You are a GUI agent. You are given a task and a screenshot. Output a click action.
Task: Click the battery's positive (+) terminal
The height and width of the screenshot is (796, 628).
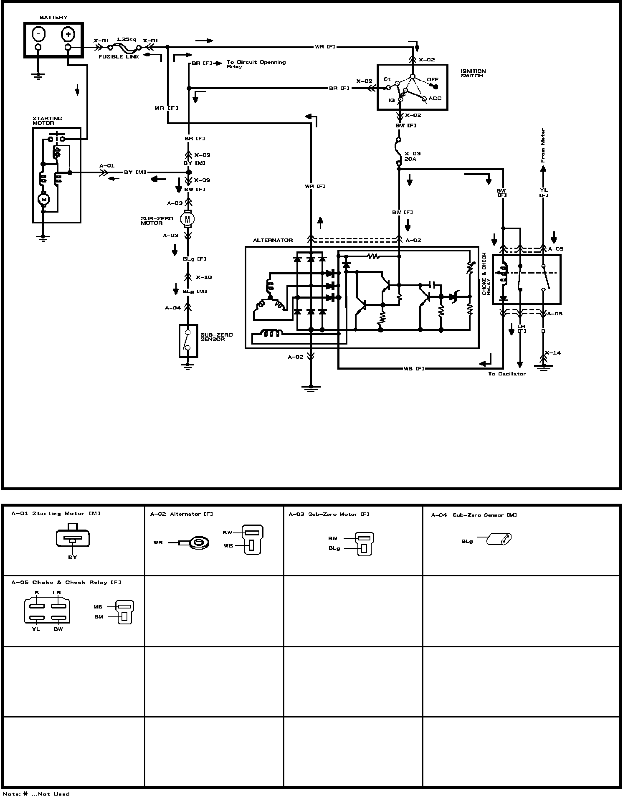click(68, 33)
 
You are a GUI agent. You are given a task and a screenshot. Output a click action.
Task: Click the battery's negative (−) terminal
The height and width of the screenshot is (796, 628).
click(38, 33)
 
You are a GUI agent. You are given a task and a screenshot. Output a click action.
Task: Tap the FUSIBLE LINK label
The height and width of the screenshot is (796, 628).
click(119, 57)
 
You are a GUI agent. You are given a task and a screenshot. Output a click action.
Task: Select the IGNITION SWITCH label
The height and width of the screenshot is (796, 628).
click(473, 74)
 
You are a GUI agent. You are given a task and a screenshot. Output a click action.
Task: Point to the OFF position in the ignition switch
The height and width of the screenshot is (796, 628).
click(433, 80)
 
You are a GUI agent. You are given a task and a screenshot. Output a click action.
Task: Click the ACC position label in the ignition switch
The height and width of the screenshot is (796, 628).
click(435, 99)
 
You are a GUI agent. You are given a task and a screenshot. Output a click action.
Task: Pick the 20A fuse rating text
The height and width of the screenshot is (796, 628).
click(410, 159)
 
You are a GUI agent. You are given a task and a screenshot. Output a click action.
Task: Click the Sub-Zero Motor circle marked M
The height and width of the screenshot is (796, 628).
click(187, 218)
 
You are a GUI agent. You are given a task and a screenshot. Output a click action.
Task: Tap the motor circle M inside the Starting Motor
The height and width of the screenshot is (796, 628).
click(43, 200)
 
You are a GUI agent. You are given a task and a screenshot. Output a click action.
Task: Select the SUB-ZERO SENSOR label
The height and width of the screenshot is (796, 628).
click(216, 337)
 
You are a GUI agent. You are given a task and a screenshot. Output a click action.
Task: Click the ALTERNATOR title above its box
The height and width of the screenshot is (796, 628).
click(273, 240)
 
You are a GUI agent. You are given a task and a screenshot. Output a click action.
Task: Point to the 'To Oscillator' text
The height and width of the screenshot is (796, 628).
click(507, 374)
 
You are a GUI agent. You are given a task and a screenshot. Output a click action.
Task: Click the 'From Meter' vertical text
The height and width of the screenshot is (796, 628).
click(543, 145)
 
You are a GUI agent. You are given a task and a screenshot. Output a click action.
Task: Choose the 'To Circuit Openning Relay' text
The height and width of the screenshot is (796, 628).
click(256, 64)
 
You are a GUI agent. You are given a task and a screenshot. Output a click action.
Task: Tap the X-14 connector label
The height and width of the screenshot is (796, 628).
click(553, 352)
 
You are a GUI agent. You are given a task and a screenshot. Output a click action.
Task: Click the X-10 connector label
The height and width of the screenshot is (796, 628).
click(204, 277)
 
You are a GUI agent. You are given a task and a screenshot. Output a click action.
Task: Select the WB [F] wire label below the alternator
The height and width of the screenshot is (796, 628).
click(414, 368)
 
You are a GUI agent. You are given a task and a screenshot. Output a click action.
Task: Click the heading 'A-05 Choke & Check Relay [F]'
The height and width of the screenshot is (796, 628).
click(66, 582)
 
